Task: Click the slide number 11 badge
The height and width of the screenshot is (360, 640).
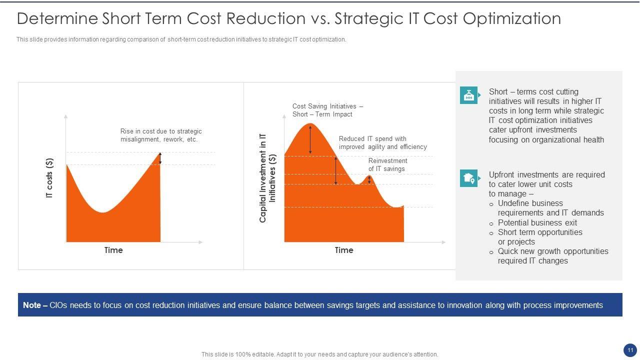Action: pos(629,350)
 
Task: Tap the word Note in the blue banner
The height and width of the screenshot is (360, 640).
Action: pos(32,305)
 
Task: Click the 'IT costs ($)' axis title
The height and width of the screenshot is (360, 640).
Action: pos(49,178)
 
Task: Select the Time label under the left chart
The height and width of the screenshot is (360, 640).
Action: pos(113,250)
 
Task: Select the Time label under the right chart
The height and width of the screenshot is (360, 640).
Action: pos(344,250)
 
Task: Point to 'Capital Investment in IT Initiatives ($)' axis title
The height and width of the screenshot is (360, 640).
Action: pos(267,178)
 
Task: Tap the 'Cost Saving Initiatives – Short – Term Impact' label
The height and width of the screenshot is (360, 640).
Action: pos(327,110)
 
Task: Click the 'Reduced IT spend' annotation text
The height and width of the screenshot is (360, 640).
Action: pos(382,142)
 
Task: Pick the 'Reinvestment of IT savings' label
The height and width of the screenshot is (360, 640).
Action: pos(387,164)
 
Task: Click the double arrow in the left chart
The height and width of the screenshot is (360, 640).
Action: pos(160,158)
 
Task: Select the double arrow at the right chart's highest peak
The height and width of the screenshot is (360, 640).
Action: pos(310,139)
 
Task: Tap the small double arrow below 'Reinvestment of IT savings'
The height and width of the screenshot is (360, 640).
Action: pos(369,179)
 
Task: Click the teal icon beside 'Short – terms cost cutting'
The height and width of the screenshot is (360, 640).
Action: pos(469,95)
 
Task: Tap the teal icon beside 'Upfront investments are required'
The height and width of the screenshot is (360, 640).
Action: pos(469,178)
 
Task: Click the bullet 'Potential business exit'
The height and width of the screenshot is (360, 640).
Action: pos(537,222)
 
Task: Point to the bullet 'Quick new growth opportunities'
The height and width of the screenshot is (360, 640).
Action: pos(552,251)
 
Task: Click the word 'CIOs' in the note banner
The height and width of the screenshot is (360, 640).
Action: pos(58,305)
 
